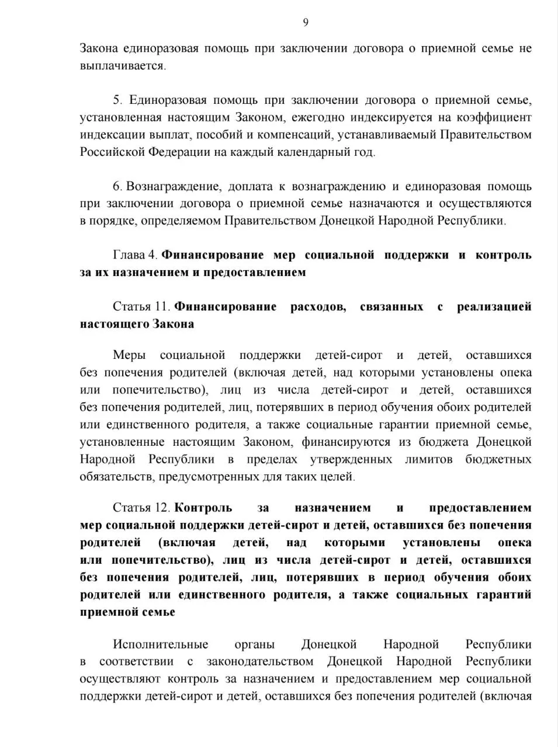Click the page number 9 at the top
coord(306,23)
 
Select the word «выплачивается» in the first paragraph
coord(122,65)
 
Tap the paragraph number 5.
coord(117,100)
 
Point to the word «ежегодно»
coord(317,117)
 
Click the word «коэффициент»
coord(495,117)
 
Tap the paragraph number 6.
coord(117,187)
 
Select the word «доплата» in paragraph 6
coord(250,187)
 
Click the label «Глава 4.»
coord(135,255)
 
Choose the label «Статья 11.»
coord(141,306)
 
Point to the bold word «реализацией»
coord(494,306)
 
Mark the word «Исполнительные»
coord(161,645)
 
